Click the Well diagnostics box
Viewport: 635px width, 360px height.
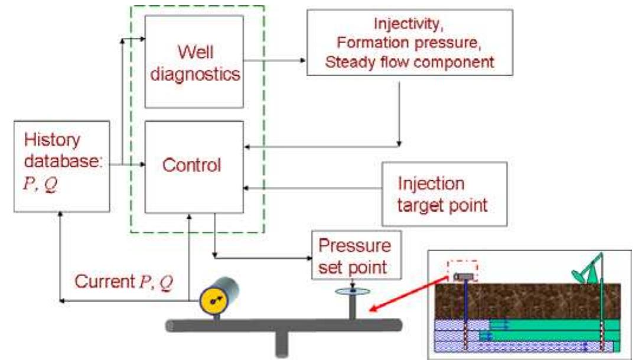click(x=194, y=61)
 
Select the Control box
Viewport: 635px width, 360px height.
click(x=194, y=166)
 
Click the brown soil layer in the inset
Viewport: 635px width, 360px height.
click(x=532, y=301)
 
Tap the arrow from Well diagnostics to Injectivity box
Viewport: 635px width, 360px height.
click(x=275, y=60)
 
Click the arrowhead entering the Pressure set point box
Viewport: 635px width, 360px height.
click(x=308, y=258)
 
